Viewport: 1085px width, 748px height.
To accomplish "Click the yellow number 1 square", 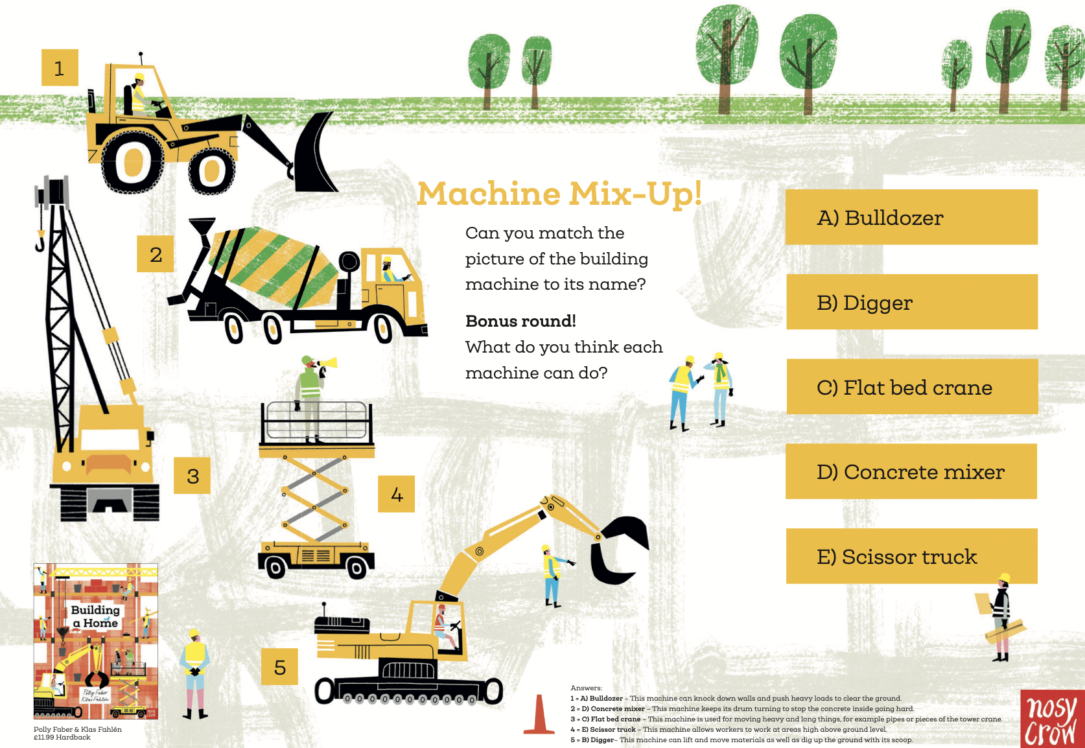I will click(x=60, y=67).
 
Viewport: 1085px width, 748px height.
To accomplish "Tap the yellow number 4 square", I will click(x=396, y=495).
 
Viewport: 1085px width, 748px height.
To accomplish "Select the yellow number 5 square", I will click(x=279, y=666).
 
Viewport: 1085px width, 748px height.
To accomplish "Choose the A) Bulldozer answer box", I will click(x=911, y=217).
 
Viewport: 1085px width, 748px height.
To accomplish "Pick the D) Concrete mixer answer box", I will click(x=911, y=471).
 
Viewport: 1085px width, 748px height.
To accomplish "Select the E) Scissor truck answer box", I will click(x=911, y=556).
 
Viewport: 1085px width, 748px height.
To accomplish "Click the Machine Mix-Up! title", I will click(x=559, y=194).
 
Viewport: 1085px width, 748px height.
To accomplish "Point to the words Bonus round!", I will click(x=520, y=321).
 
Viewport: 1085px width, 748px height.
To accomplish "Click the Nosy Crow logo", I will click(x=1051, y=719).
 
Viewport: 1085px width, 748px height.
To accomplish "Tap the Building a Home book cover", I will click(x=96, y=641).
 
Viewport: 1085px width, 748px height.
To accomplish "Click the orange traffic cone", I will click(x=539, y=716).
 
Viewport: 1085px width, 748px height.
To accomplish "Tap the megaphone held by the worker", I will click(x=327, y=363).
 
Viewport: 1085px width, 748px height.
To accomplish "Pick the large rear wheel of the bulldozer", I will click(x=134, y=162).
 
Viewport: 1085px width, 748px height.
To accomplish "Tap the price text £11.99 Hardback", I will click(x=62, y=738).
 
